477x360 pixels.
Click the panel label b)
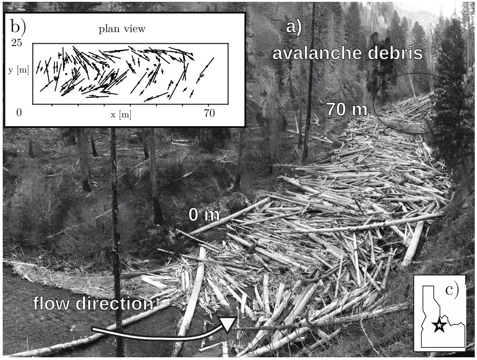[18, 27]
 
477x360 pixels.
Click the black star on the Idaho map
[439, 325]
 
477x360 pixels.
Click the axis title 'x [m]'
[121, 114]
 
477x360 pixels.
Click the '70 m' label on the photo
[346, 109]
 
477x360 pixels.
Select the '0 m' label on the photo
[204, 215]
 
